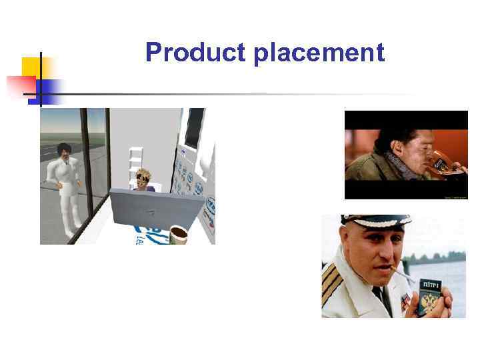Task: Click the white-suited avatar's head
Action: [65, 151]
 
